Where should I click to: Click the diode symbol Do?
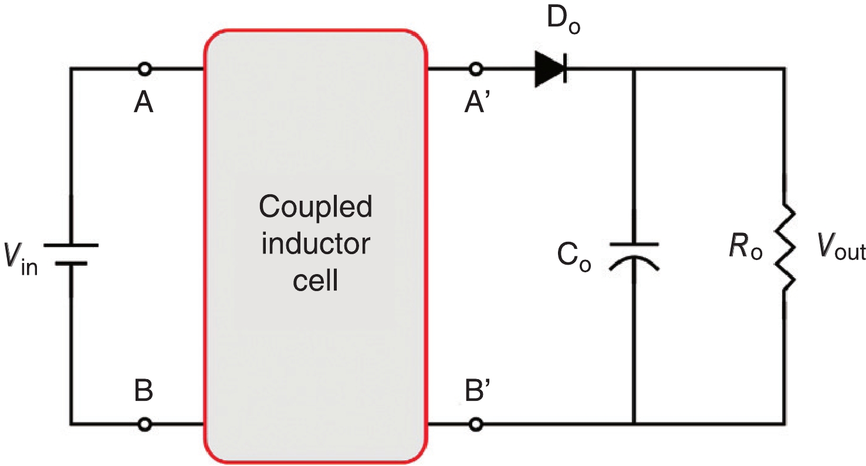550,69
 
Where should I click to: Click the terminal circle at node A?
145,69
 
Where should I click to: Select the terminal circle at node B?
145,423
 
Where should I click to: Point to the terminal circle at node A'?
476,69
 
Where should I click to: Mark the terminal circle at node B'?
476,423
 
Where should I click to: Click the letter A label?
144,103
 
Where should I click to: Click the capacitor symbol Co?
634,255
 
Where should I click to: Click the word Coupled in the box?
316,208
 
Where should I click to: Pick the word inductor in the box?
316,244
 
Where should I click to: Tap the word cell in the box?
316,281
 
